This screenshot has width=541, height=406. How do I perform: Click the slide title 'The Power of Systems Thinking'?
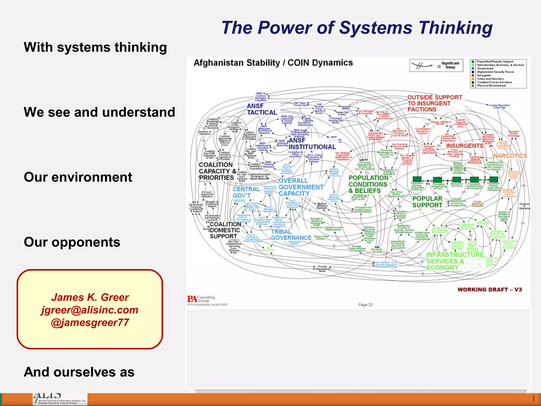(357, 28)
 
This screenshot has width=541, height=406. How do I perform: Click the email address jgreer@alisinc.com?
(90, 310)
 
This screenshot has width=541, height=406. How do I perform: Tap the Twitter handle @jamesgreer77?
(90, 322)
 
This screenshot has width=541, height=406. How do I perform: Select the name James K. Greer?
(90, 297)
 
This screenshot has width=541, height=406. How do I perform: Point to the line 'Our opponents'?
(72, 242)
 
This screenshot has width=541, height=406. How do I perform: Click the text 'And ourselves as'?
(79, 372)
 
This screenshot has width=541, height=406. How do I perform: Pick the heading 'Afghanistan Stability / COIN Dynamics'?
(273, 63)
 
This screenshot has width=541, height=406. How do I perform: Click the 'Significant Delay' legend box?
(436, 66)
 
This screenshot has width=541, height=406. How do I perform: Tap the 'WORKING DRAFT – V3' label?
(489, 289)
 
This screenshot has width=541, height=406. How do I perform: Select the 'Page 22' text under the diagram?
(365, 305)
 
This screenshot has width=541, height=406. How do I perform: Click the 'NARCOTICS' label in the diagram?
(510, 156)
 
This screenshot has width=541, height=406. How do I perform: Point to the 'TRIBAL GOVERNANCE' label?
(291, 235)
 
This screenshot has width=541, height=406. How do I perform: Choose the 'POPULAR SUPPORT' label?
(427, 202)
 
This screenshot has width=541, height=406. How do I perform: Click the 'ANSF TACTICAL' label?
(262, 109)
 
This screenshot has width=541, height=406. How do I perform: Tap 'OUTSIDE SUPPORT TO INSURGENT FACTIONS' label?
(435, 103)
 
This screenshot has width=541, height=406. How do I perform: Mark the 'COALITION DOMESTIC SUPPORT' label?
(225, 230)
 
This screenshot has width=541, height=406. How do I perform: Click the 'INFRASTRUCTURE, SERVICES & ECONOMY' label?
(455, 261)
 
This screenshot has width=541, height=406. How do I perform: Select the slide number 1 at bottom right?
(533, 398)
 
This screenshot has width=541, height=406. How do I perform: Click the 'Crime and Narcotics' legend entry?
(490, 79)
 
